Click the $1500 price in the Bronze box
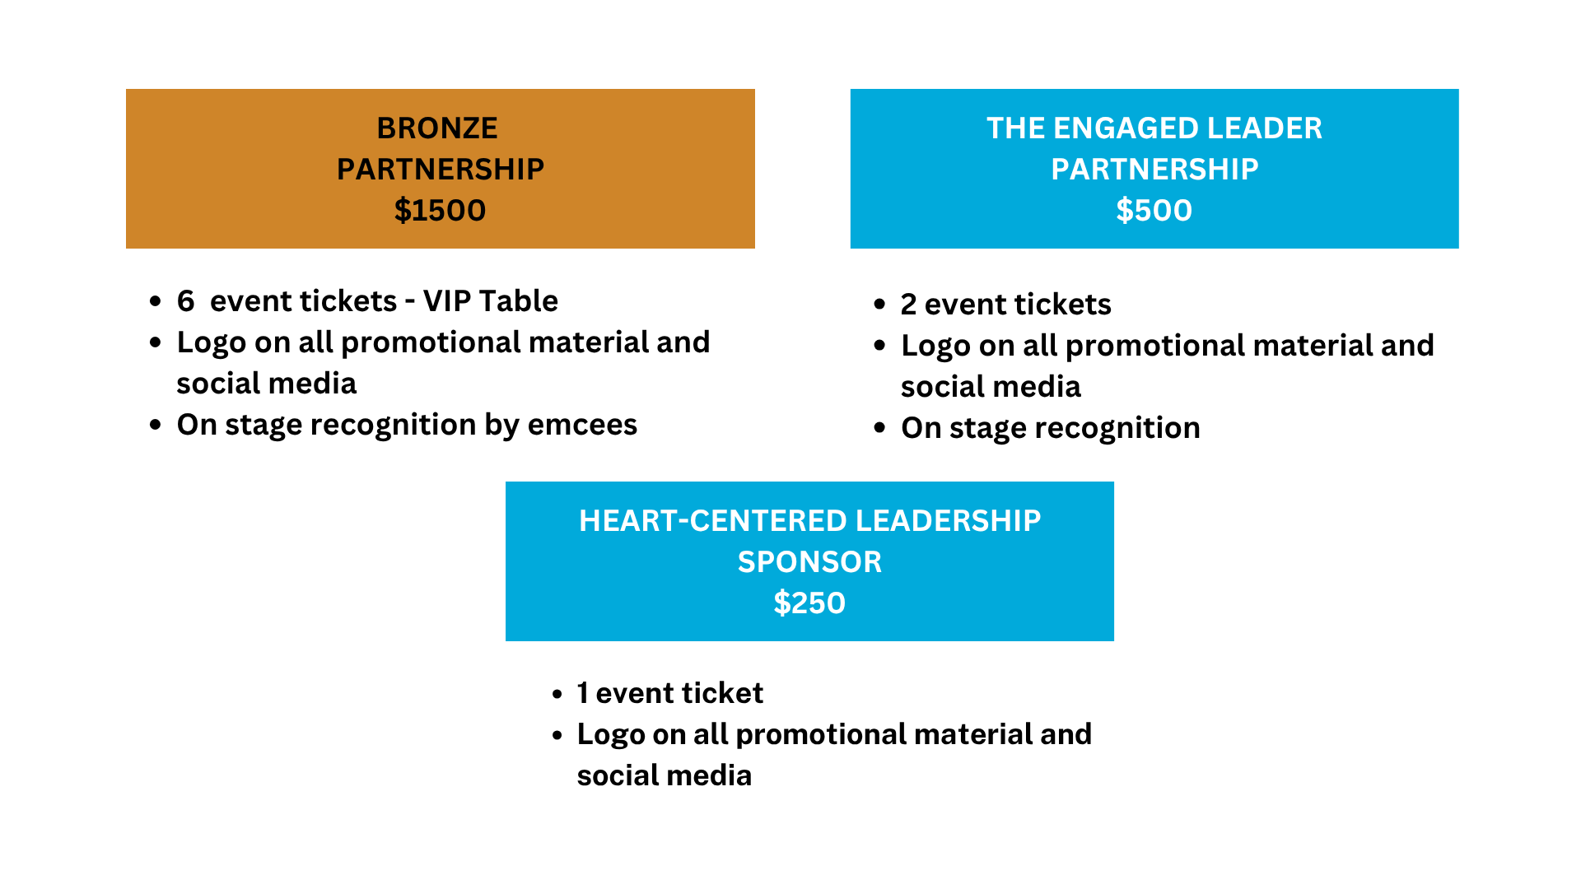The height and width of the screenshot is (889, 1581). click(440, 211)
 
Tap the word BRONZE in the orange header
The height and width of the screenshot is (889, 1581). click(437, 128)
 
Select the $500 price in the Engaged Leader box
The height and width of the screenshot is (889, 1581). click(1154, 211)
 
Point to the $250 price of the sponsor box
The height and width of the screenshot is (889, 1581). click(809, 603)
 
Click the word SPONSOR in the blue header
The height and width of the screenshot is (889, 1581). click(809, 562)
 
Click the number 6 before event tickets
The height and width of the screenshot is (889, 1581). click(185, 301)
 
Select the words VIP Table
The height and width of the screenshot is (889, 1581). click(490, 301)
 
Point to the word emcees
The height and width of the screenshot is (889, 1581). click(582, 425)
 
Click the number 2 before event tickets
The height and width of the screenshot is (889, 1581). click(908, 305)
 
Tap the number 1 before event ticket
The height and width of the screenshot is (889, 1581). click(582, 693)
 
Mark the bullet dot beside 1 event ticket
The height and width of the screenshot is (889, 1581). click(557, 694)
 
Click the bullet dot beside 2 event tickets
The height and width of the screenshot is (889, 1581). click(879, 305)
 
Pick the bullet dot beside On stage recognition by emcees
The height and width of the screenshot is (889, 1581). click(156, 426)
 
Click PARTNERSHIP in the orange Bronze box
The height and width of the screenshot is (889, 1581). click(441, 170)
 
